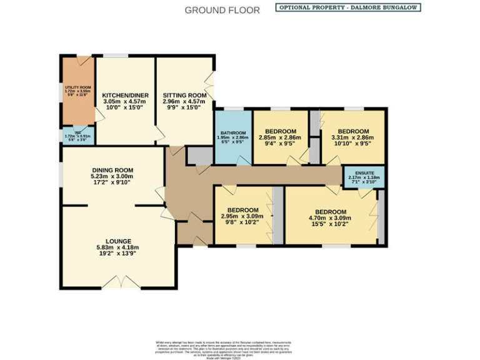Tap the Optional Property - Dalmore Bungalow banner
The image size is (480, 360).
pyautogui.click(x=348, y=7)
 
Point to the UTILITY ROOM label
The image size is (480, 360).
pyautogui.click(x=77, y=87)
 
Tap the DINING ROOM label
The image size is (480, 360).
pyautogui.click(x=112, y=170)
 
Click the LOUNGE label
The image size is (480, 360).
pyautogui.click(x=117, y=241)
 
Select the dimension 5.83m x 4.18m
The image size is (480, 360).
pyautogui.click(x=117, y=247)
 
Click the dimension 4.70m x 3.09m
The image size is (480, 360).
pyautogui.click(x=331, y=218)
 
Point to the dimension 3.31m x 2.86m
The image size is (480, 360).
pyautogui.click(x=352, y=137)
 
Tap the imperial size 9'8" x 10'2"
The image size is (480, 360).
pyautogui.click(x=242, y=223)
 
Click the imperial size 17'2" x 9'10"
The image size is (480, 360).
pyautogui.click(x=112, y=182)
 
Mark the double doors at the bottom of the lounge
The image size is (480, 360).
pyautogui.click(x=120, y=284)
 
